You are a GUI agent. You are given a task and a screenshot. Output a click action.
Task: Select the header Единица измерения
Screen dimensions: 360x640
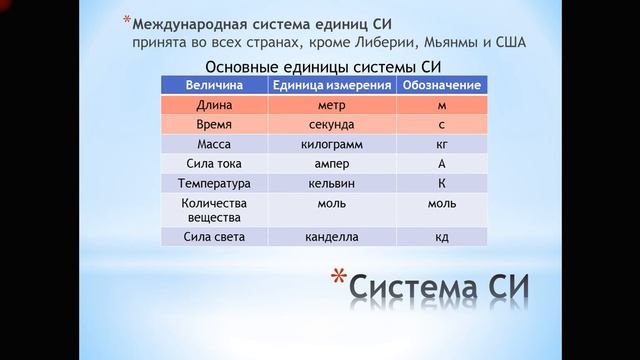[x=332, y=85]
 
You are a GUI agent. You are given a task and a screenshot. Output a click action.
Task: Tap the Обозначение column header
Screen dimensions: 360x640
[x=442, y=85]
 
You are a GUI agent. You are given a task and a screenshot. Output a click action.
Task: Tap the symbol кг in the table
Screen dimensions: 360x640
[x=442, y=145]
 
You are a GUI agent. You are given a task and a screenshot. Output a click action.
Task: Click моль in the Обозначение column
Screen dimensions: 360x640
[x=442, y=204]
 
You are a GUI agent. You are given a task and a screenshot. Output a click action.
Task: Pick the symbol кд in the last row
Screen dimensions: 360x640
[x=442, y=237]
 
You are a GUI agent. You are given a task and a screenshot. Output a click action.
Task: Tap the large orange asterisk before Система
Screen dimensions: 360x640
[x=339, y=279]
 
